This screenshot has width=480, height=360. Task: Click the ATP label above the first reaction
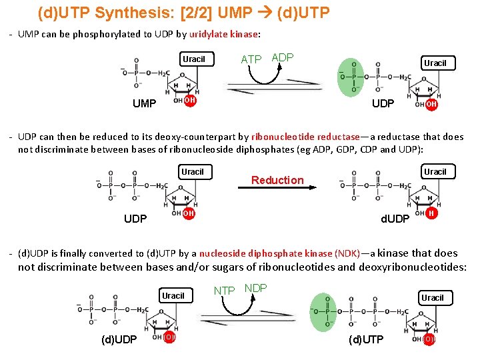click(x=251, y=59)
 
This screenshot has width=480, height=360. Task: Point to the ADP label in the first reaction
click(x=283, y=58)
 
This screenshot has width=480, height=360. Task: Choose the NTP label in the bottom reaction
click(x=224, y=290)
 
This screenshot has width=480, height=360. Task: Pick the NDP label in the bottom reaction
click(x=256, y=288)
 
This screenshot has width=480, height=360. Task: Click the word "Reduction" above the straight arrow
click(x=277, y=180)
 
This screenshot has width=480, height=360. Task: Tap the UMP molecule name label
click(x=144, y=104)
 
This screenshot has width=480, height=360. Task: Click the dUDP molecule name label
click(x=395, y=219)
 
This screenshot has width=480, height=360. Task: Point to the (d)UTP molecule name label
click(x=367, y=340)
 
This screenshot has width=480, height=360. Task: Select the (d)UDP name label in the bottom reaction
click(x=119, y=340)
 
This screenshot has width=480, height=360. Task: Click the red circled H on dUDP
click(x=431, y=213)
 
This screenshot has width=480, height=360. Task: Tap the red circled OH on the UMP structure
click(x=189, y=101)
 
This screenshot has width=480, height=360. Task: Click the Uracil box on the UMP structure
click(x=194, y=59)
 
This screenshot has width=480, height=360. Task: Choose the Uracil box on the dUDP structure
click(x=435, y=172)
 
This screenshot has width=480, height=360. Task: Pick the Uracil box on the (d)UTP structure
click(x=432, y=298)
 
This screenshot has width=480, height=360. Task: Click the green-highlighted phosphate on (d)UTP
click(x=328, y=311)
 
